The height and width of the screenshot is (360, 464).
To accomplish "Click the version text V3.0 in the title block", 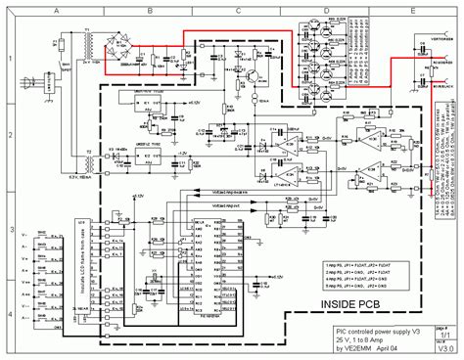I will (445, 348).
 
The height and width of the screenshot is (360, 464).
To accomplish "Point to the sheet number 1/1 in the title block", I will (445, 334).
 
